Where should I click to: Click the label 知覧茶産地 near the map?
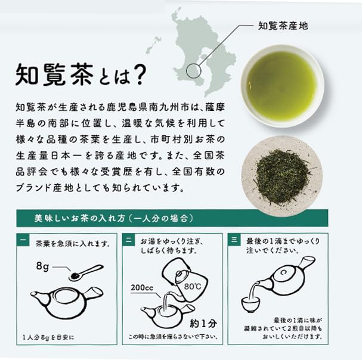(282, 26)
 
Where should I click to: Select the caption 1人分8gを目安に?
(48, 337)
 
